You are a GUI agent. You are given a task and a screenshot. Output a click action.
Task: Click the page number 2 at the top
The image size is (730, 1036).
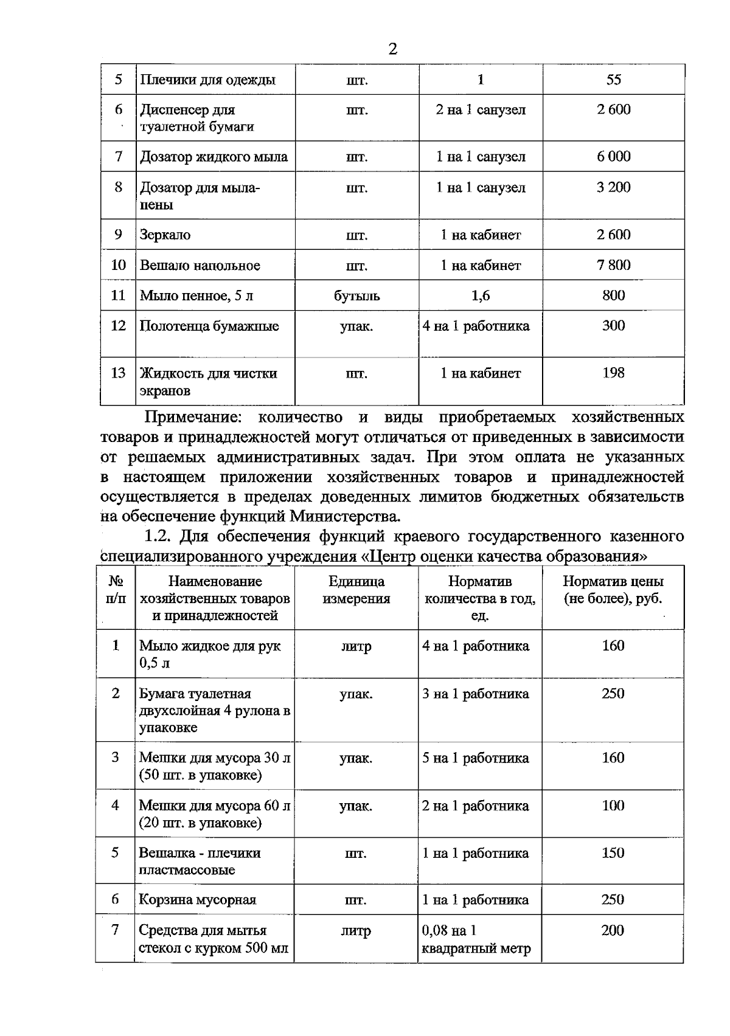tap(392, 49)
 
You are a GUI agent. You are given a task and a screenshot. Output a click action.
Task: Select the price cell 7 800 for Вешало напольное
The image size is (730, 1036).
tap(613, 265)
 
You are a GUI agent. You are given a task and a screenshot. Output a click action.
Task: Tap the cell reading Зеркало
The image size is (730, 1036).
tap(165, 235)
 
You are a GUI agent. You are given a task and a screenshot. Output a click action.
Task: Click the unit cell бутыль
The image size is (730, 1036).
tap(356, 296)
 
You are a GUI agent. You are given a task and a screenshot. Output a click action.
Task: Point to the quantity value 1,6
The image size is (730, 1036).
tap(480, 295)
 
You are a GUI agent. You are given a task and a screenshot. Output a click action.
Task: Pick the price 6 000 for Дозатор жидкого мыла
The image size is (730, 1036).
tap(613, 157)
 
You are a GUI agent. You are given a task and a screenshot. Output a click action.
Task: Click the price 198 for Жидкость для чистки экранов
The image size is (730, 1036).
tap(613, 373)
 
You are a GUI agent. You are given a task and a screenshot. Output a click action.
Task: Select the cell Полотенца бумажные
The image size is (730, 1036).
tap(209, 326)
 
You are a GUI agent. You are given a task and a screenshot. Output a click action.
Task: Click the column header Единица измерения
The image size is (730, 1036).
tap(356, 590)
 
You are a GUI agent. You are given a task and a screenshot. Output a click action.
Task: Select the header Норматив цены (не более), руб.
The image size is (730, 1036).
tap(613, 590)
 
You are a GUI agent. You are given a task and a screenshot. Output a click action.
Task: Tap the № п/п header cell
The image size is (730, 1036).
tap(116, 590)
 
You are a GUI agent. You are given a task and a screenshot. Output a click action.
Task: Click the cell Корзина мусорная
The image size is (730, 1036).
tap(198, 899)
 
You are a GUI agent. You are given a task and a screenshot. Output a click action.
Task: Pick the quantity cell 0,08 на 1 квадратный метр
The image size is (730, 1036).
tap(476, 939)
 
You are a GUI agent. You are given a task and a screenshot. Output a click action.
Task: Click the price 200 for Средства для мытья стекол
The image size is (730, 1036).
tap(613, 930)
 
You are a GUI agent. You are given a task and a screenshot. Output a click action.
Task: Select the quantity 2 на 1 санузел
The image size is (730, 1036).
tap(480, 110)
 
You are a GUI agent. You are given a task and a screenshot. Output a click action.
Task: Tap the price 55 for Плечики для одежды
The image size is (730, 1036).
tap(613, 80)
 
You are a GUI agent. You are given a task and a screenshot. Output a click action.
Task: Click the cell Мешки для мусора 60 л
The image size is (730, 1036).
tap(215, 813)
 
